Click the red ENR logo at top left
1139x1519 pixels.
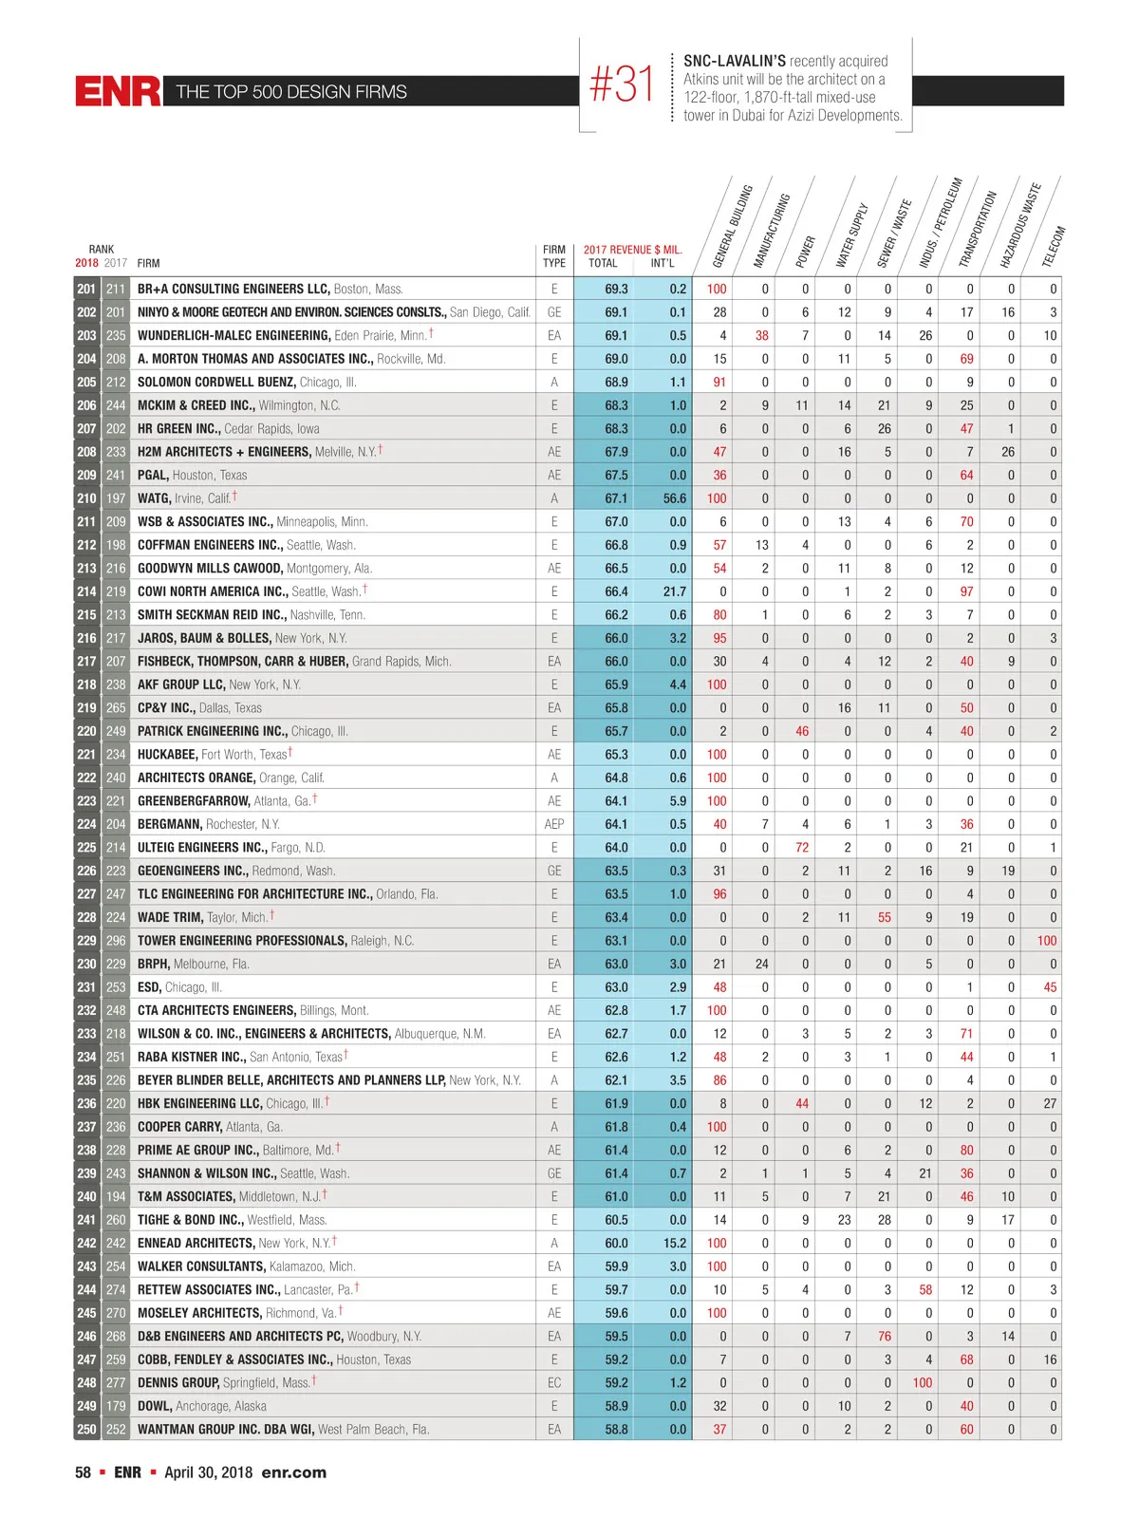118,91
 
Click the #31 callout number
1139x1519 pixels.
622,84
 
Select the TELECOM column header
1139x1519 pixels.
1054,246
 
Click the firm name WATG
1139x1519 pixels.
154,498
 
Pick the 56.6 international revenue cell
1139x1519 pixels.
674,498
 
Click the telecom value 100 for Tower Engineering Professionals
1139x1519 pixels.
1046,941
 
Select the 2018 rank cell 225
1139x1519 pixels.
86,848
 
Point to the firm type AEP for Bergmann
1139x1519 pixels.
554,824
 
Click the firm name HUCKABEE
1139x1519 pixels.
167,755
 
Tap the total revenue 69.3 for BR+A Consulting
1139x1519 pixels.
616,289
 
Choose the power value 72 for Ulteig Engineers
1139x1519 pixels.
802,848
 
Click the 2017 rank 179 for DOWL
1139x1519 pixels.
116,1406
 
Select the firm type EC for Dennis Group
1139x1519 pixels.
554,1382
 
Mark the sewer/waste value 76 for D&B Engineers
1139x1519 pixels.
884,1336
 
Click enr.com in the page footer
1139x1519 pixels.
293,1472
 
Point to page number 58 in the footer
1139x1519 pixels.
84,1472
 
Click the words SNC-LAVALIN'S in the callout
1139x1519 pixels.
735,61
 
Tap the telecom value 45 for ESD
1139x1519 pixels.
1050,987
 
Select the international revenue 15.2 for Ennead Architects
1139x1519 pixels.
674,1243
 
